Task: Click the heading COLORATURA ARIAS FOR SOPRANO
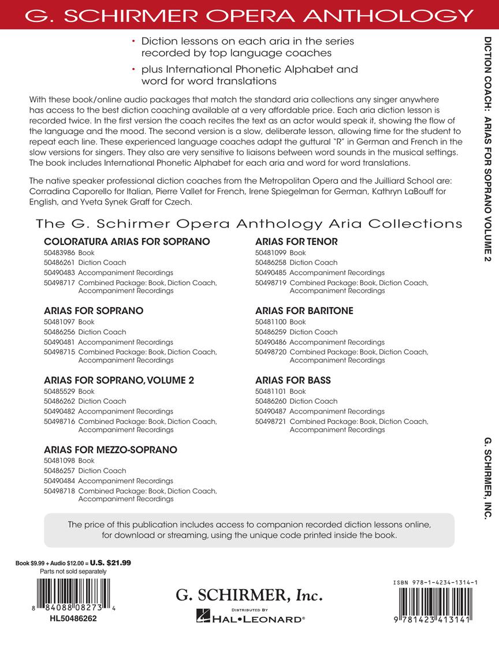[126, 241]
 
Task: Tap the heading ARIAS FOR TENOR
[296, 241]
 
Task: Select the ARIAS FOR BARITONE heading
[304, 311]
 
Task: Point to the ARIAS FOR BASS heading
[293, 380]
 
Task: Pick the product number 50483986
[59, 252]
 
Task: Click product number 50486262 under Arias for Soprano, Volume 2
[59, 401]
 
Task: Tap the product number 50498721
[271, 422]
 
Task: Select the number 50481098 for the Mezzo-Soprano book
[59, 460]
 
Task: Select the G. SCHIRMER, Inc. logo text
[249, 595]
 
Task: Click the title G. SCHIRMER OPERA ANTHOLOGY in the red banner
[249, 14]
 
